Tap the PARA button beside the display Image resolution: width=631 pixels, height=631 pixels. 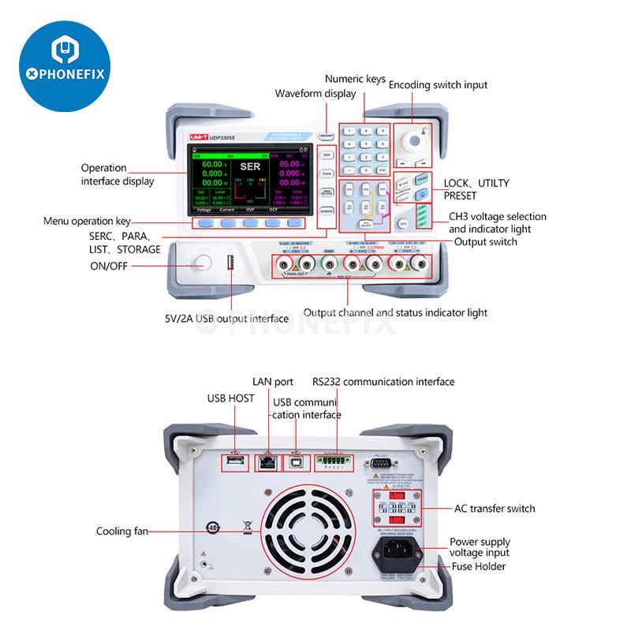327,171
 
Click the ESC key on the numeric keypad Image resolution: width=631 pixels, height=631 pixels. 382,170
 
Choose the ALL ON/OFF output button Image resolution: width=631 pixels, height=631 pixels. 367,223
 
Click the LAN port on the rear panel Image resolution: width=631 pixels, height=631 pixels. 267,462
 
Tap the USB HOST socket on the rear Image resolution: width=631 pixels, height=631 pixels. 234,461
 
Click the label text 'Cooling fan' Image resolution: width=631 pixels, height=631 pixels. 123,531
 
